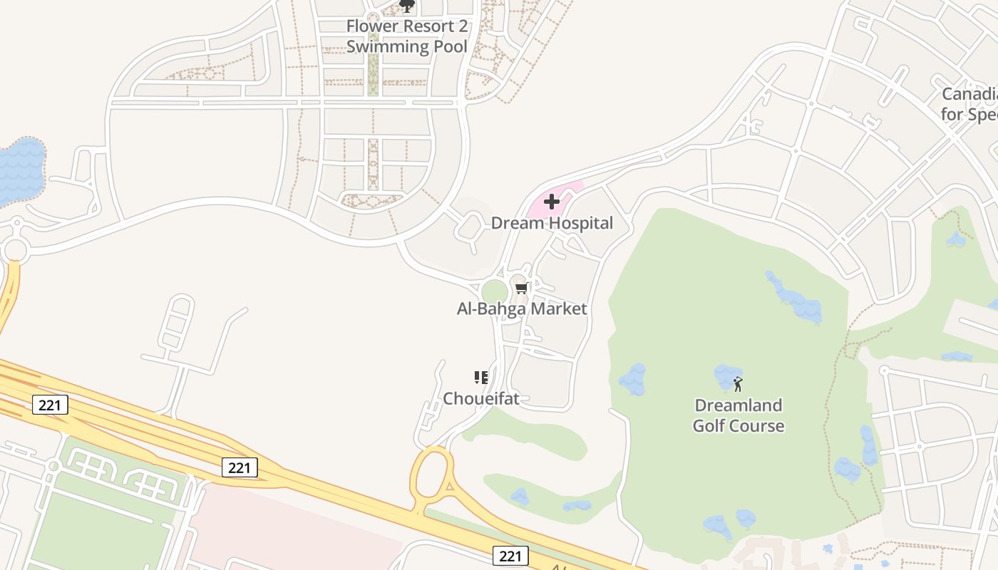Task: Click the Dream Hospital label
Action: pyautogui.click(x=552, y=223)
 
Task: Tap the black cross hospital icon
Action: pyautogui.click(x=552, y=202)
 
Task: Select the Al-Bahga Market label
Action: pyautogui.click(x=521, y=309)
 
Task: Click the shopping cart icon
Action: pyautogui.click(x=521, y=289)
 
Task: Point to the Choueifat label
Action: pyautogui.click(x=481, y=398)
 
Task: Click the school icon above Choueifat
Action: pyautogui.click(x=481, y=377)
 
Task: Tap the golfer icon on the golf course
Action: pyautogui.click(x=738, y=384)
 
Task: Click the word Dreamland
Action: pyautogui.click(x=738, y=405)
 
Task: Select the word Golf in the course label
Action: pyautogui.click(x=710, y=426)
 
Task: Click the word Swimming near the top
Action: pyautogui.click(x=385, y=47)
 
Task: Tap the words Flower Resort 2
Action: pyautogui.click(x=406, y=26)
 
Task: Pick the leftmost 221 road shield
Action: pyautogui.click(x=50, y=405)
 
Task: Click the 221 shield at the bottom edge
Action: pyautogui.click(x=510, y=555)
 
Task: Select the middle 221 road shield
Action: pyautogui.click(x=240, y=467)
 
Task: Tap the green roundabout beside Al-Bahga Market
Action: pyautogui.click(x=494, y=292)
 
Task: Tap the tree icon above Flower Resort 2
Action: pyautogui.click(x=407, y=6)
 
